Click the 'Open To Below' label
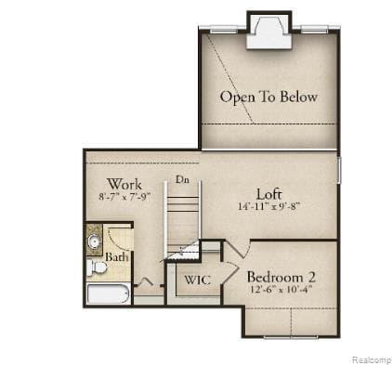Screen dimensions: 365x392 pyautogui.click(x=268, y=97)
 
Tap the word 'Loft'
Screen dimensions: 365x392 pyautogui.click(x=268, y=193)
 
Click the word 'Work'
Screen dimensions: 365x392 pyautogui.click(x=124, y=184)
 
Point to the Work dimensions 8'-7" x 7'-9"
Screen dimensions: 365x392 pyautogui.click(x=124, y=197)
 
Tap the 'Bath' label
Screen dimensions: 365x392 pyautogui.click(x=115, y=257)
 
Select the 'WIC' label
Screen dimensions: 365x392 pyautogui.click(x=196, y=280)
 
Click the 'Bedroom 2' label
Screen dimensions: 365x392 pyautogui.click(x=281, y=277)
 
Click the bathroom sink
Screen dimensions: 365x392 pyautogui.click(x=95, y=243)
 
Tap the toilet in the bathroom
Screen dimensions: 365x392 pyautogui.click(x=96, y=268)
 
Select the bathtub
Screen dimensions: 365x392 pyautogui.click(x=107, y=296)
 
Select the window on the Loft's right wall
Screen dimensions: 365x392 pyautogui.click(x=339, y=171)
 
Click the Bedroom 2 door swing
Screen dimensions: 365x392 pyautogui.click(x=235, y=248)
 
